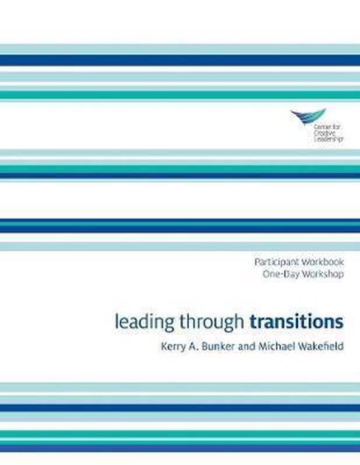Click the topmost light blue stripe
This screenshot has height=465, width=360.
pos(180,48)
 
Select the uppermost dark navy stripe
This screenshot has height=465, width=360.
pos(180,60)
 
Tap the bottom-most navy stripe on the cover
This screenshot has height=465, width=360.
pos(180,449)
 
